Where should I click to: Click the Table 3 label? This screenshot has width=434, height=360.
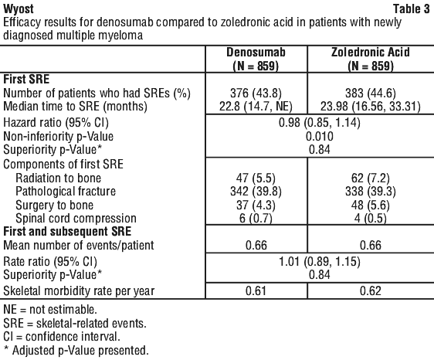click(x=412, y=9)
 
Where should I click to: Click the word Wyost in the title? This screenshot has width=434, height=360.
click(x=19, y=10)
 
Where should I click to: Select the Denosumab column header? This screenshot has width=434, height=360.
click(x=256, y=59)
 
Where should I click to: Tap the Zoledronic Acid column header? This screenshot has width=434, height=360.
click(x=371, y=59)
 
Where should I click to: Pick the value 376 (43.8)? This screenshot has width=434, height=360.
click(x=256, y=93)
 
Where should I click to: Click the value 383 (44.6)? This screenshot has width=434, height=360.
click(x=371, y=93)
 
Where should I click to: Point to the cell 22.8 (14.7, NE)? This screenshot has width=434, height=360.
click(x=256, y=107)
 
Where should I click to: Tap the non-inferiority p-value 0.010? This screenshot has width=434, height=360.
click(x=320, y=136)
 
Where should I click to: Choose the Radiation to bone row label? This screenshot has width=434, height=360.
click(x=59, y=178)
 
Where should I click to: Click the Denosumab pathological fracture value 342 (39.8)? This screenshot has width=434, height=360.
click(x=256, y=192)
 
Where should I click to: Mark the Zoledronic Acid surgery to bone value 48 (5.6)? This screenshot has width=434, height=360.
click(x=371, y=205)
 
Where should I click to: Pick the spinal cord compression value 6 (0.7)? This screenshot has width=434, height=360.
click(x=256, y=218)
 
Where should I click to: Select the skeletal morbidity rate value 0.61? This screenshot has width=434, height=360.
click(x=256, y=290)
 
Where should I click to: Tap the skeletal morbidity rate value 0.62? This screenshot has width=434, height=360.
click(x=371, y=290)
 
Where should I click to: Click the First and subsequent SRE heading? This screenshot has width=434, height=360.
click(x=67, y=232)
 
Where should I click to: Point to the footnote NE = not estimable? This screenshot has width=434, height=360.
click(x=50, y=310)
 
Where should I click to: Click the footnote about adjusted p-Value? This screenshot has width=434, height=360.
click(x=76, y=350)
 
